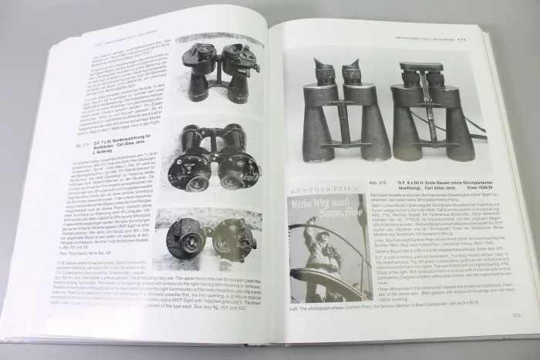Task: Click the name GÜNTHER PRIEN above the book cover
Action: point(325,187)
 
